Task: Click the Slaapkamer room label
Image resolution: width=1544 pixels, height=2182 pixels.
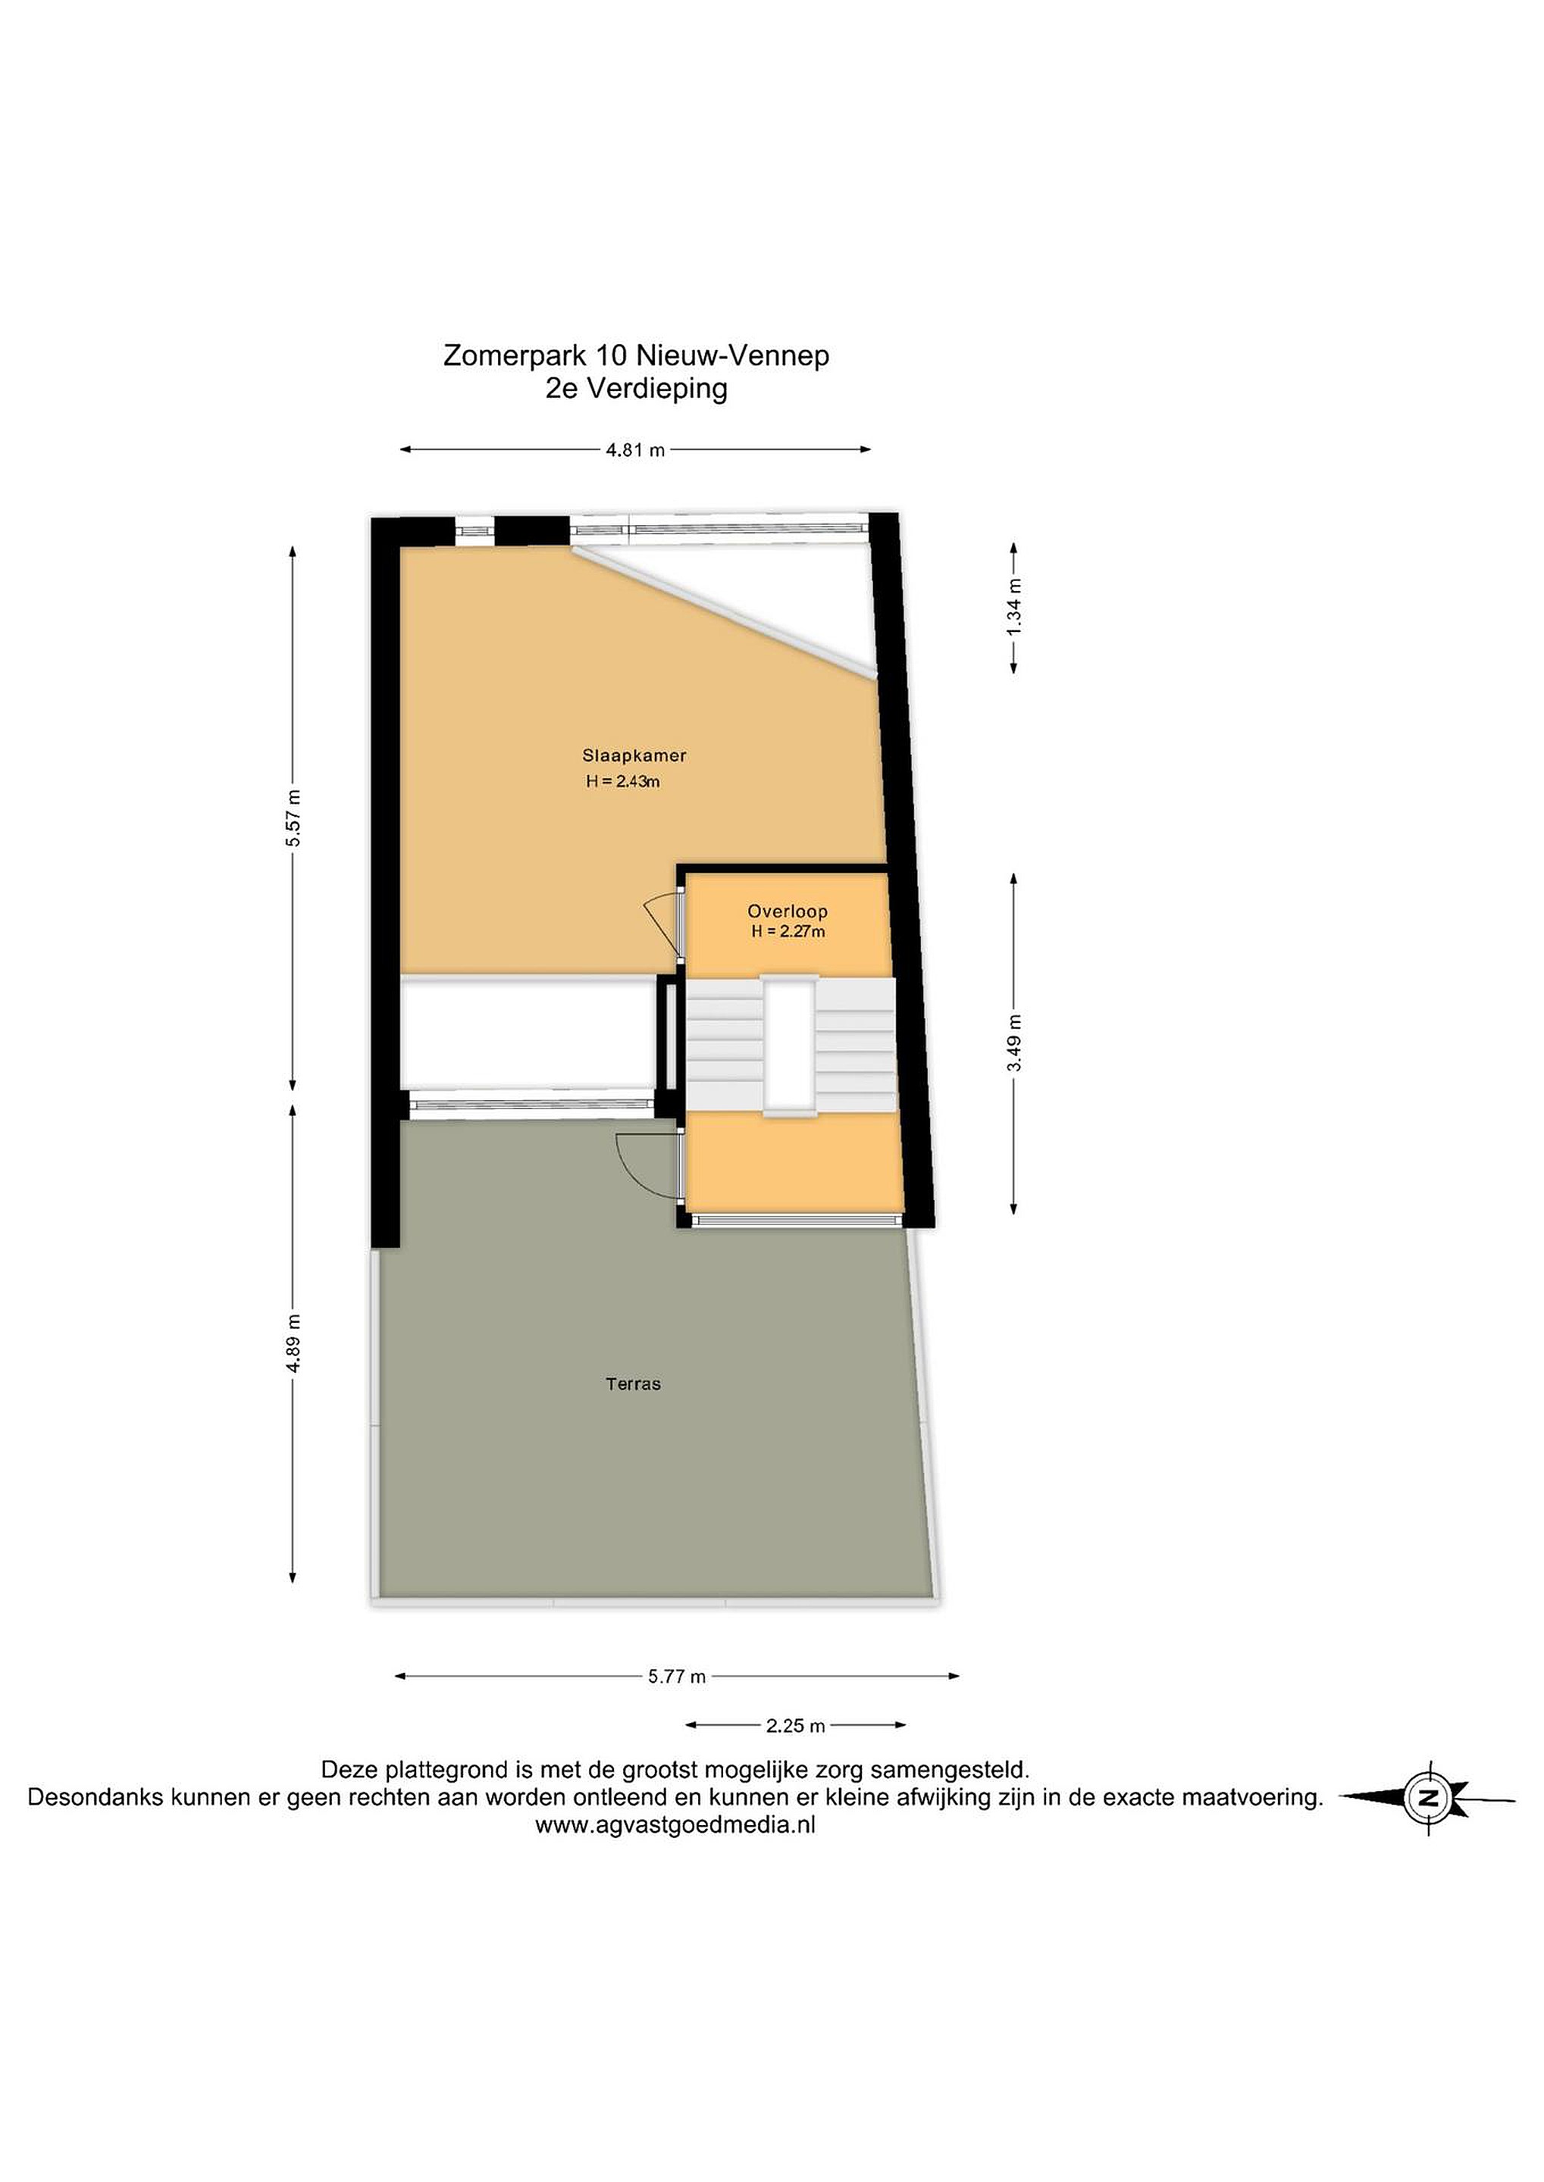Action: (x=634, y=755)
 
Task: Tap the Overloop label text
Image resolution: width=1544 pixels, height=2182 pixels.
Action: (x=788, y=911)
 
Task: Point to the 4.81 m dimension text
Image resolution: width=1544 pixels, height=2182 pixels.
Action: (x=635, y=451)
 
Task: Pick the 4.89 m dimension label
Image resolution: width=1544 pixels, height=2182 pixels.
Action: (x=294, y=1343)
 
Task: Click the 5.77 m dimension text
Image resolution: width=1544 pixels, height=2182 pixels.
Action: (x=677, y=1677)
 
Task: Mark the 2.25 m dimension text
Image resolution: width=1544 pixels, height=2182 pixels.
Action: (x=795, y=1725)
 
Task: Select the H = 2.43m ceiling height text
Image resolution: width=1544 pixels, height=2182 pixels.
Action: (x=624, y=782)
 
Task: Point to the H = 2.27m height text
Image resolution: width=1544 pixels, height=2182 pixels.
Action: (x=788, y=931)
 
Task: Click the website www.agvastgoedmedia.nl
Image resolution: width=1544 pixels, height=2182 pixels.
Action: (x=675, y=1824)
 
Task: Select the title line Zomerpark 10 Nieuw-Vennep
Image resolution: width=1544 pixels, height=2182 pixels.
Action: (x=636, y=355)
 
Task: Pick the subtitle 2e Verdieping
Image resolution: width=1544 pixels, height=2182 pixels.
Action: (x=636, y=388)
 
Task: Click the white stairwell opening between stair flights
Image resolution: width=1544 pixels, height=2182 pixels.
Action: (x=789, y=1045)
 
